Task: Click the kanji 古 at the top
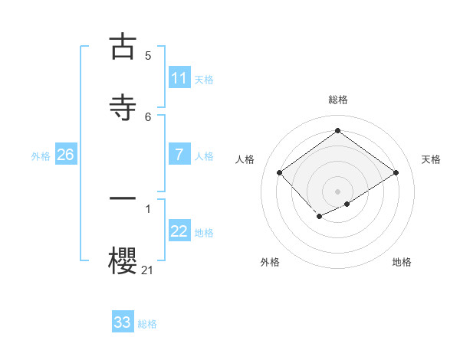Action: [122, 47]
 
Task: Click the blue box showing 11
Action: [179, 78]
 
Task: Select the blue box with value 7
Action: [179, 155]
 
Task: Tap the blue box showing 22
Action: [179, 231]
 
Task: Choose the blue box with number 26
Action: [65, 155]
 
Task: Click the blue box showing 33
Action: [123, 322]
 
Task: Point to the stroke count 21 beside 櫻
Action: [147, 270]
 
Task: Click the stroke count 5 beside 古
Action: [148, 56]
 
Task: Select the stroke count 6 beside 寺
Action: [148, 116]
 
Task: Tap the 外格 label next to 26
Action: [41, 156]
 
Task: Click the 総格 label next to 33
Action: [147, 324]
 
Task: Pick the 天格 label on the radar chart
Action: [431, 159]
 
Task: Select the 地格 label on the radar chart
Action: [402, 262]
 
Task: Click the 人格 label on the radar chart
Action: [245, 159]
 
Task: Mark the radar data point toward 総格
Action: [337, 131]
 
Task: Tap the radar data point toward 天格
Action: [396, 172]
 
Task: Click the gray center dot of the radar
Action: [337, 191]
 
